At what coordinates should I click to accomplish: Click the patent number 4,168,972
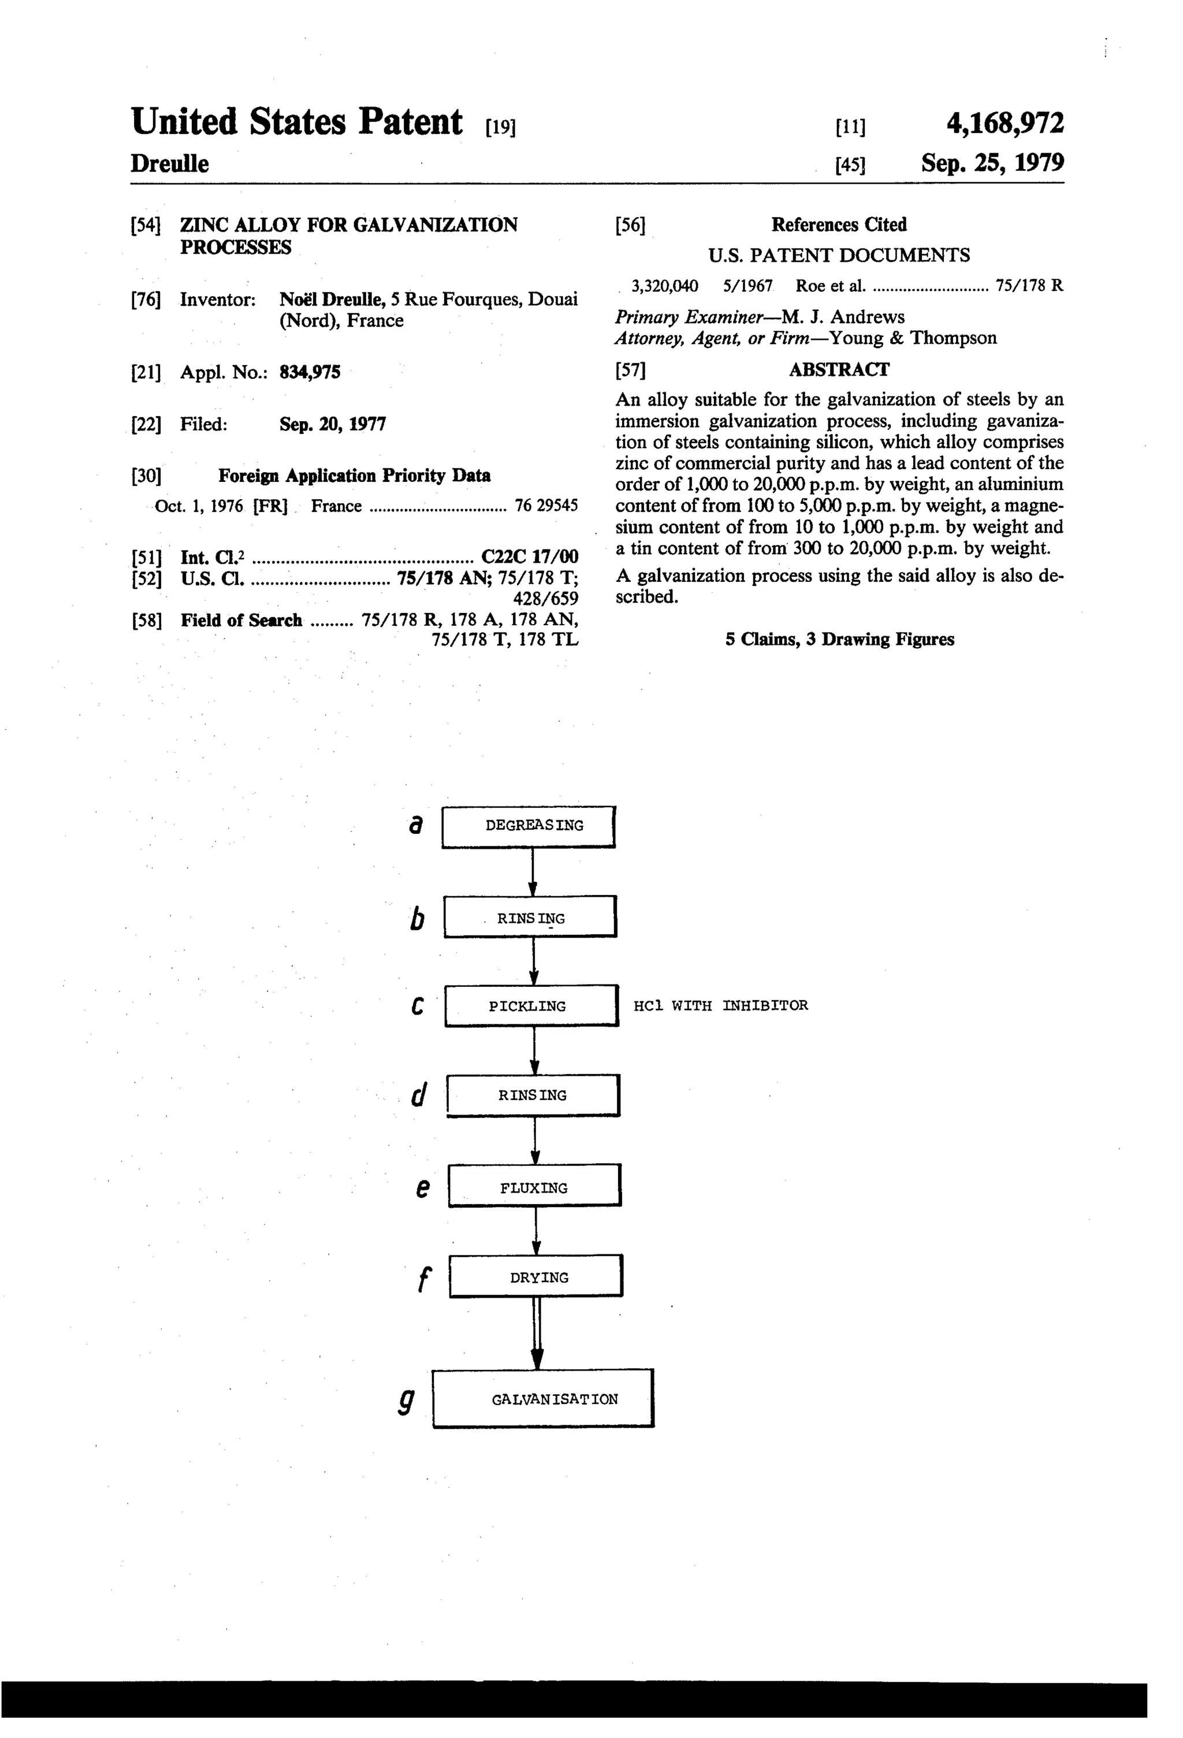coord(1005,122)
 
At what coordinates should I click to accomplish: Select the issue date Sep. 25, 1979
coord(992,163)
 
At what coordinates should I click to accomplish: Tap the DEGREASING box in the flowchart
coord(528,826)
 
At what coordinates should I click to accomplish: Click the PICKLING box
coord(531,1006)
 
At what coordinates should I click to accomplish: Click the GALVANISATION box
coord(543,1398)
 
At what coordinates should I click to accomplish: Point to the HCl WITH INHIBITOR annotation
coord(720,1006)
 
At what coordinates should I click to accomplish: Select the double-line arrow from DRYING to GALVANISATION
coord(536,1332)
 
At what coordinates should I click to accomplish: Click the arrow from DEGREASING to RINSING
coord(533,871)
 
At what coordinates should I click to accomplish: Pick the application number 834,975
coord(310,373)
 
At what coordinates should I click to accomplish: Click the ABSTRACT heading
coord(838,369)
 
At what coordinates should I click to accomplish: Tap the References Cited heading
coord(838,224)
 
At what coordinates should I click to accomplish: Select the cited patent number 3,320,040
coord(665,285)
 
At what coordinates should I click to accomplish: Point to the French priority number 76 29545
coord(546,506)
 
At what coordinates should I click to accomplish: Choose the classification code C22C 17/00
coord(530,556)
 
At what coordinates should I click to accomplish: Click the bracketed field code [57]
coord(630,369)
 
